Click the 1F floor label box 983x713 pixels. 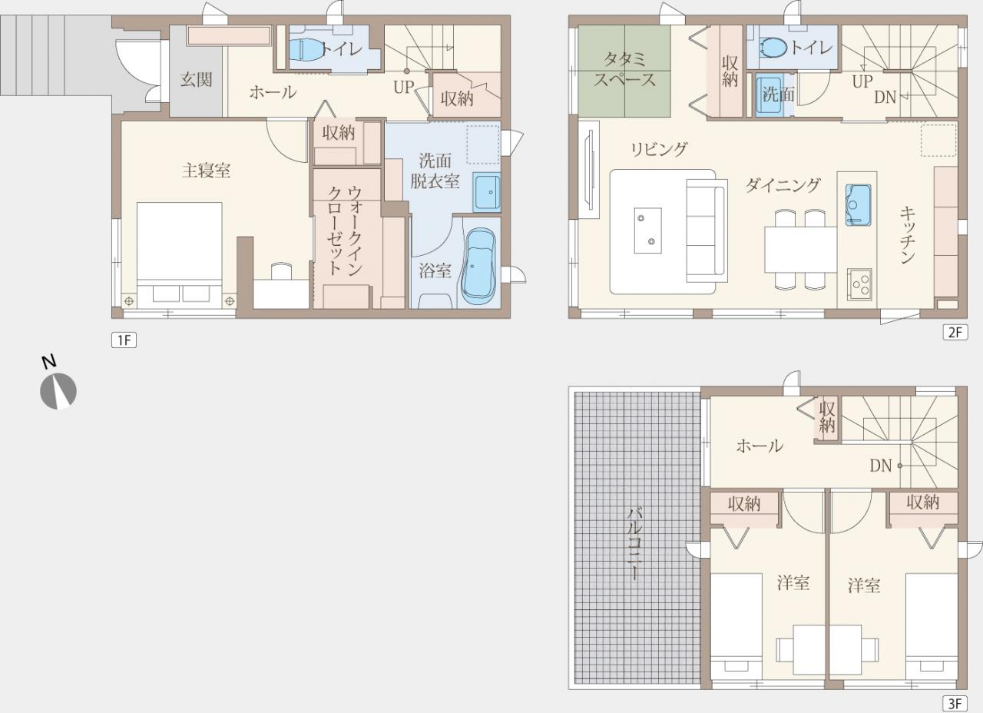pyautogui.click(x=124, y=340)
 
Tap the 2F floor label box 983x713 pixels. pyautogui.click(x=955, y=333)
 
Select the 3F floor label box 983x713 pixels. pyautogui.click(x=955, y=704)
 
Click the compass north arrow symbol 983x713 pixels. pyautogui.click(x=58, y=390)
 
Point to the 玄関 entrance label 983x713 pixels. pyautogui.click(x=196, y=80)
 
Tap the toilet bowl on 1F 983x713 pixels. pyautogui.click(x=306, y=49)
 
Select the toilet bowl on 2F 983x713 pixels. pyautogui.click(x=776, y=47)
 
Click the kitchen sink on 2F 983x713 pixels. pyautogui.click(x=859, y=205)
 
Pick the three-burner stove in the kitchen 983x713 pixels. pyautogui.click(x=859, y=284)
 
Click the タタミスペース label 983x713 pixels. pyautogui.click(x=624, y=70)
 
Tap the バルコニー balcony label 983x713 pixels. pyautogui.click(x=635, y=543)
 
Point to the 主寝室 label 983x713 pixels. pyautogui.click(x=207, y=171)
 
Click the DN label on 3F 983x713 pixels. pyautogui.click(x=881, y=466)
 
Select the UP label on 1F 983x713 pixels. pyautogui.click(x=404, y=88)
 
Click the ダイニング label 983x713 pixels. pyautogui.click(x=783, y=185)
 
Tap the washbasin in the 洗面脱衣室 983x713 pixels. pyautogui.click(x=487, y=192)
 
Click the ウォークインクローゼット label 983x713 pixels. pyautogui.click(x=345, y=231)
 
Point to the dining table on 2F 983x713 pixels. pyautogui.click(x=800, y=250)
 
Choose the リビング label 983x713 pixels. pyautogui.click(x=659, y=149)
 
